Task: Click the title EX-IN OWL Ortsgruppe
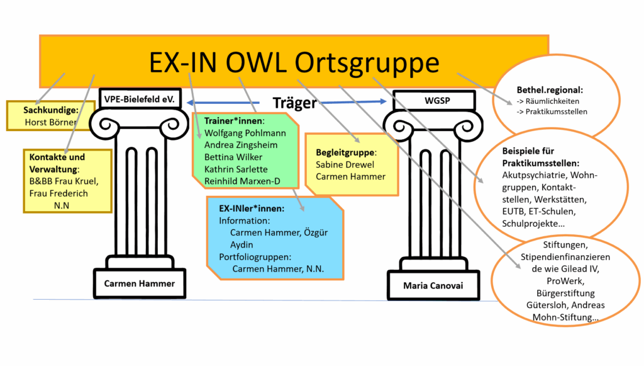click(294, 62)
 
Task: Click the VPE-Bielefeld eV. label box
click(140, 99)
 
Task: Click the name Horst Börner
click(50, 122)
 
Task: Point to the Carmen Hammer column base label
click(140, 283)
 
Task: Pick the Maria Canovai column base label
click(433, 286)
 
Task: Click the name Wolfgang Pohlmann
click(245, 133)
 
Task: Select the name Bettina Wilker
click(233, 157)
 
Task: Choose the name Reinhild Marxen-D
click(242, 181)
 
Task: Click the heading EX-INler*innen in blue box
click(252, 209)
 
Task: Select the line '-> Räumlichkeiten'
click(547, 101)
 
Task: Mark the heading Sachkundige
click(50, 110)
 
